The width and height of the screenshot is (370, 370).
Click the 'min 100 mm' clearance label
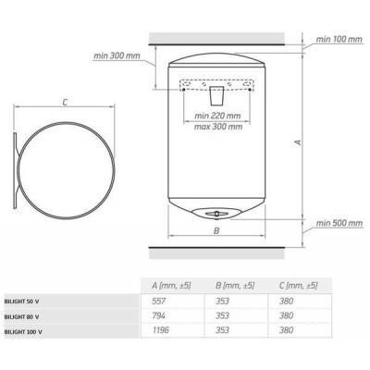(x=339, y=40)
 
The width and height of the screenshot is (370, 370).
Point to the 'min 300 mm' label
(x=117, y=55)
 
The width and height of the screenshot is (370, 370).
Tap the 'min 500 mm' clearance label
(x=339, y=223)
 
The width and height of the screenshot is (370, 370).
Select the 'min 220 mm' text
(x=217, y=116)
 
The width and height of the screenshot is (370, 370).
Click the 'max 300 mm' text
(x=218, y=127)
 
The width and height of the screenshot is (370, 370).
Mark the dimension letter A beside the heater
(x=298, y=142)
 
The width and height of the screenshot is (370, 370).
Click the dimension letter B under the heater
(x=216, y=230)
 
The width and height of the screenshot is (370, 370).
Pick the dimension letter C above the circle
(x=65, y=102)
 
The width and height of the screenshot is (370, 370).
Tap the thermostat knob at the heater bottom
(x=216, y=213)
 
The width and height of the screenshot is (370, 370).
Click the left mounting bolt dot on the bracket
(x=184, y=90)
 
